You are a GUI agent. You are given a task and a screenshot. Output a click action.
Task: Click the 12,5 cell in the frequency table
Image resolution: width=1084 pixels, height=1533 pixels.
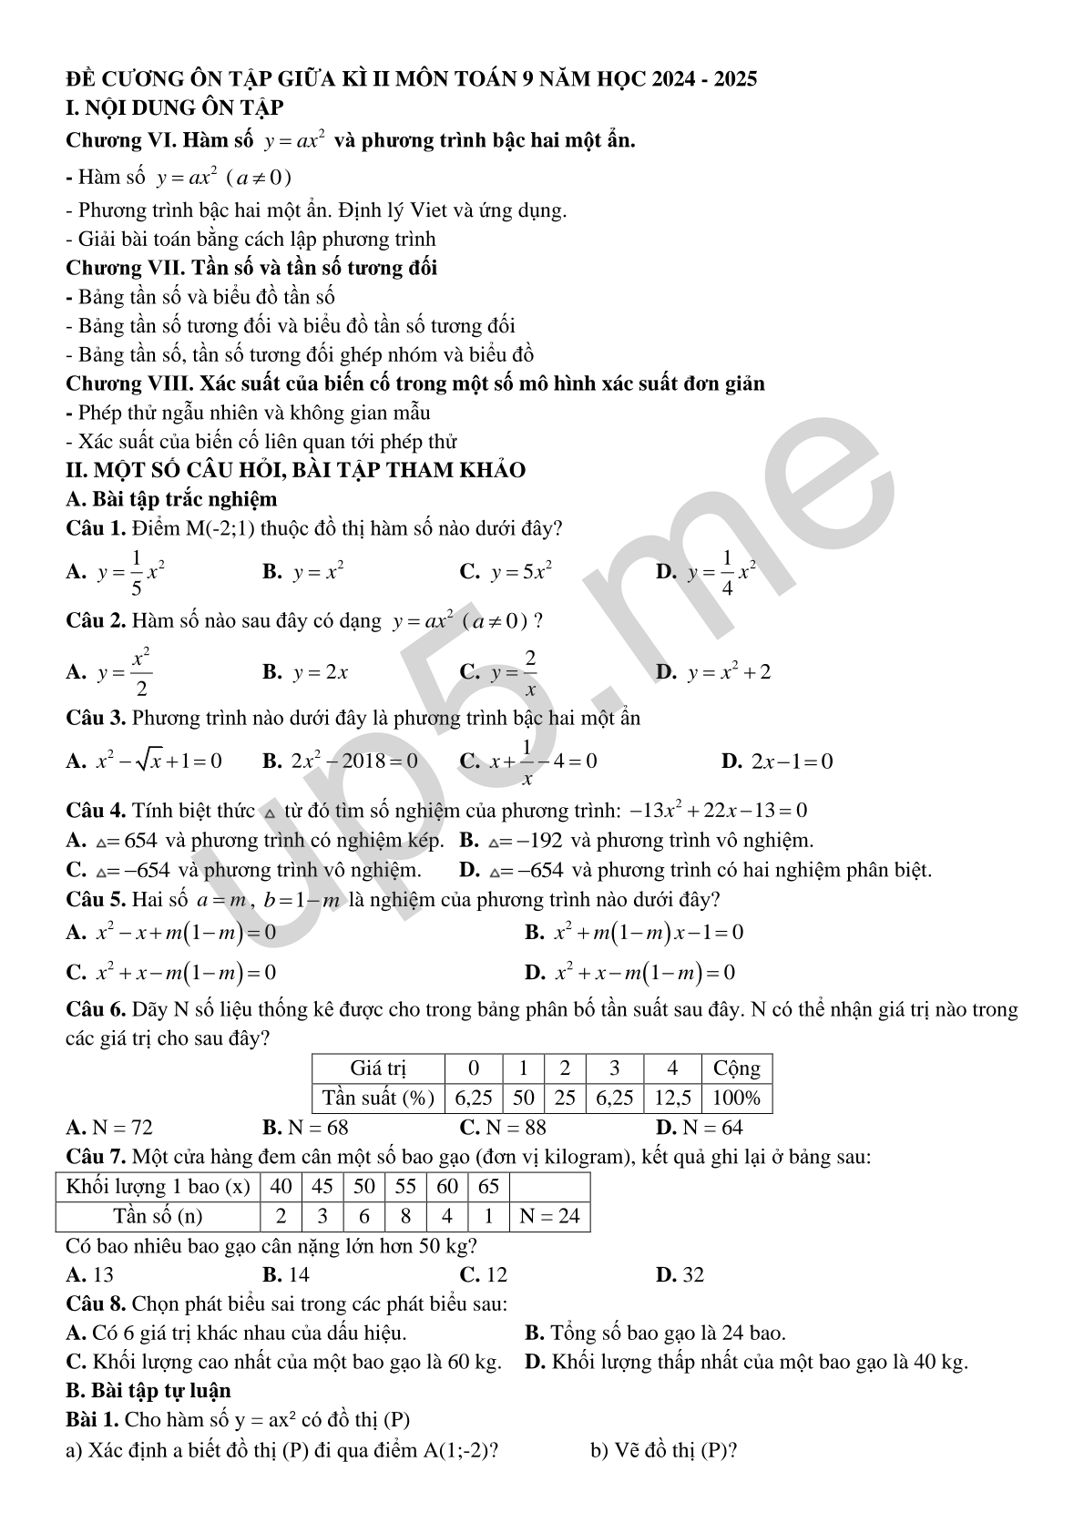672,1098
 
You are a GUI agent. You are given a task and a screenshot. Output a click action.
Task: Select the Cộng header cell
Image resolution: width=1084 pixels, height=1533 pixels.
736,1068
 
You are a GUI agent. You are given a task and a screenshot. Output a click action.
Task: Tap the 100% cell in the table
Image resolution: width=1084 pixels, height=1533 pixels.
736,1098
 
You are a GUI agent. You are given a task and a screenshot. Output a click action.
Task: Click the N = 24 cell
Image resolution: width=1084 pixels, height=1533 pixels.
549,1216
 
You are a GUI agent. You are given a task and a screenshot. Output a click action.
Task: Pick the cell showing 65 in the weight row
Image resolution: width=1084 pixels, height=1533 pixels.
488,1186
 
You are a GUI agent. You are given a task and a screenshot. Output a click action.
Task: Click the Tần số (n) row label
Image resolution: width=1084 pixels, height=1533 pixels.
158,1216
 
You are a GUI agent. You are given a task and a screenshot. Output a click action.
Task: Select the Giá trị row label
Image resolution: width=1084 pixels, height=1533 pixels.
378,1068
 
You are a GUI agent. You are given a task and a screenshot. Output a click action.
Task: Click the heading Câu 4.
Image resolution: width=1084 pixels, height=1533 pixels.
96,811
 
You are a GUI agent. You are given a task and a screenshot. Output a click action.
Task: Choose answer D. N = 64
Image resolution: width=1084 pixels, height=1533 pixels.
700,1128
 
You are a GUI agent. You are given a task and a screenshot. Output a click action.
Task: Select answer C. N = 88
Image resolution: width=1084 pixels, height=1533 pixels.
503,1128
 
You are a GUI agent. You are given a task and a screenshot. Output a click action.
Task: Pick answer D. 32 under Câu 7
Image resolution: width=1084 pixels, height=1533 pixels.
680,1274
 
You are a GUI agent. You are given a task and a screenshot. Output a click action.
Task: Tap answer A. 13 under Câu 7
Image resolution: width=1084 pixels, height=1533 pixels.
90,1274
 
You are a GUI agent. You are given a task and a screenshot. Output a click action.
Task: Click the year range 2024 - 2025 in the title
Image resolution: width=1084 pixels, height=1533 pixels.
704,79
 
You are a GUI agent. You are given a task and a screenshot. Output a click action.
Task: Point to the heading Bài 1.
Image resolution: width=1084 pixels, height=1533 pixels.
92,1419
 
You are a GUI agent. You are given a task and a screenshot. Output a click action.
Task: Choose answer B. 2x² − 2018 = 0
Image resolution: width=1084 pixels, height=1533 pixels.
341,761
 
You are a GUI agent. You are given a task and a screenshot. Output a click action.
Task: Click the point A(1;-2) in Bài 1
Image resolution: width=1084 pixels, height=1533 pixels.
457,1449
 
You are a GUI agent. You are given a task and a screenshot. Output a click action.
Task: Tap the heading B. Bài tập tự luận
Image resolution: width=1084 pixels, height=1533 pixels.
148,1391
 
